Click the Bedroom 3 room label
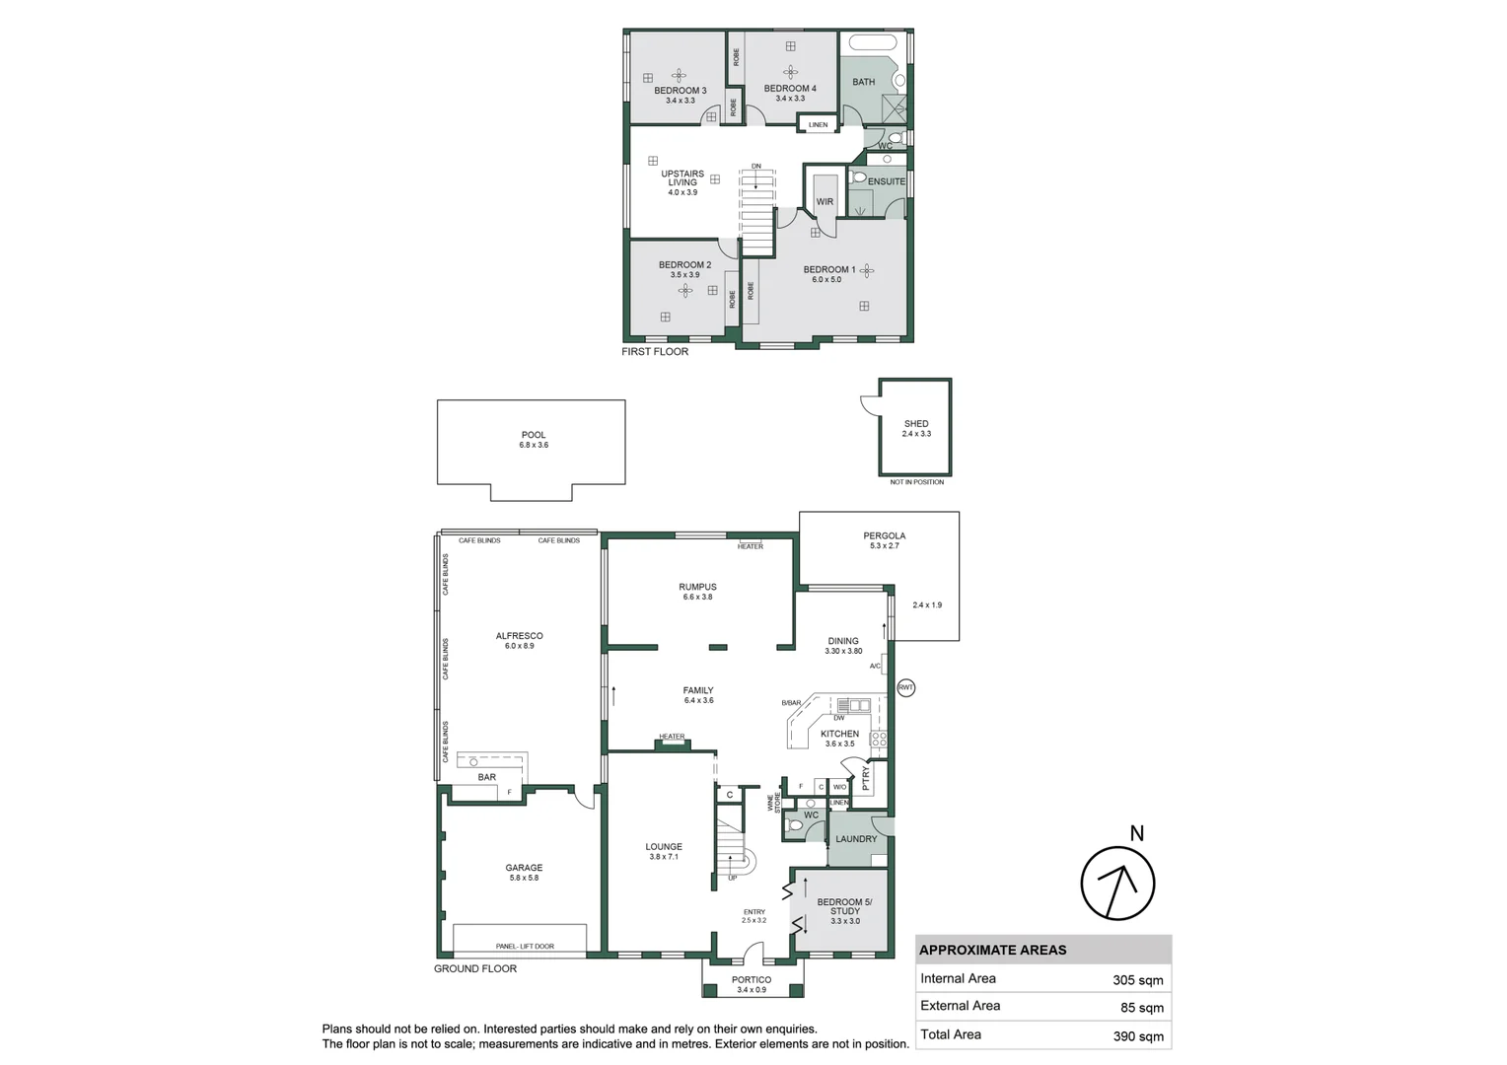(680, 91)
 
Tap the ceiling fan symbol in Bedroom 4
(790, 71)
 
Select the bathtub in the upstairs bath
(873, 42)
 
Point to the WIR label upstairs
(825, 202)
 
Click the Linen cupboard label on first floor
(818, 125)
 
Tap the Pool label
(534, 435)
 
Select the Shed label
(916, 424)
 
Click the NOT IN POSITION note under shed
(916, 482)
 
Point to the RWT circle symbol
(906, 687)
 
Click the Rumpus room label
(697, 587)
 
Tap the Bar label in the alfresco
(487, 777)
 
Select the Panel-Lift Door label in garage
(525, 947)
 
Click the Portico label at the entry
(752, 980)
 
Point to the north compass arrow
(1117, 884)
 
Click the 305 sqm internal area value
(1137, 980)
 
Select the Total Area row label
(951, 1034)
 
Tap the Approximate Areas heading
(992, 951)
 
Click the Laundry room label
(856, 839)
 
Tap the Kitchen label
(839, 734)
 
